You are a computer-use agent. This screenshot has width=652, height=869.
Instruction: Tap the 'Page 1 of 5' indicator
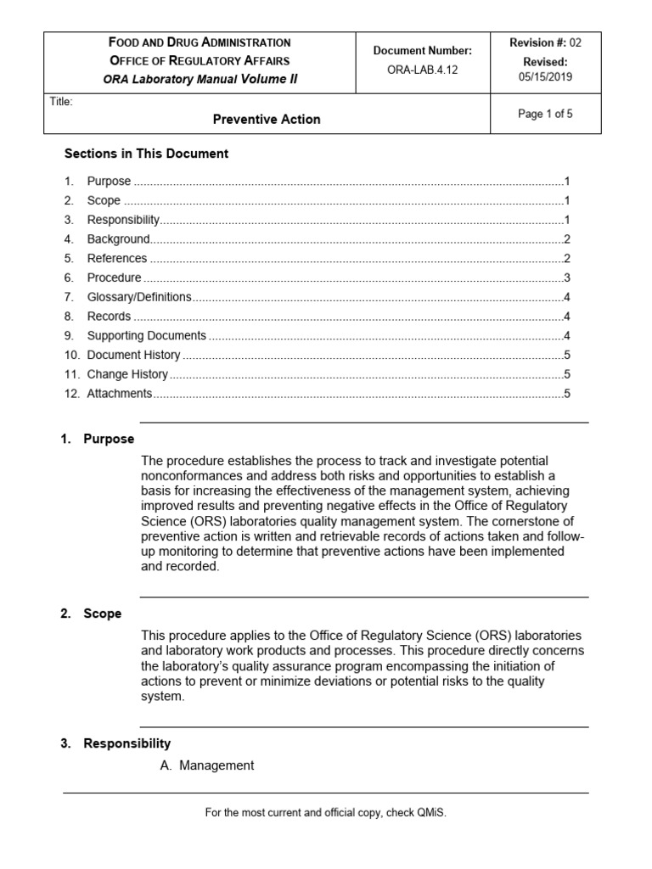click(545, 115)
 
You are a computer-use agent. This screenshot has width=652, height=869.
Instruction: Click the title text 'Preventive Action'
click(266, 120)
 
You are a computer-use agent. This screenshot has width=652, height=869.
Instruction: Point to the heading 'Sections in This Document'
click(147, 154)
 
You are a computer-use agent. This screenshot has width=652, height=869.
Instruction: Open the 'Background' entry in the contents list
click(118, 239)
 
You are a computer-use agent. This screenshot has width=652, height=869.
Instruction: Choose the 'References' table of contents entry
click(117, 258)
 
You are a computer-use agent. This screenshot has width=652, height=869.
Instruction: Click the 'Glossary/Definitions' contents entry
click(139, 297)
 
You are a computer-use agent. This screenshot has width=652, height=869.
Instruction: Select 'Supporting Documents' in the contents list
click(146, 335)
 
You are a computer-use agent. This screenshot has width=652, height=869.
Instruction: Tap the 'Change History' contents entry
click(127, 374)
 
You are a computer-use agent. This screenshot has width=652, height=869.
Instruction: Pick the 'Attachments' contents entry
click(120, 394)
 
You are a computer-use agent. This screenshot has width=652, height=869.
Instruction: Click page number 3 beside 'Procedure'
click(566, 278)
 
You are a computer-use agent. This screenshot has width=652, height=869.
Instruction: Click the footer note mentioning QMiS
click(325, 813)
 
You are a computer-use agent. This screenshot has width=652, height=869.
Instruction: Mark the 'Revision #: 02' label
click(544, 42)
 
